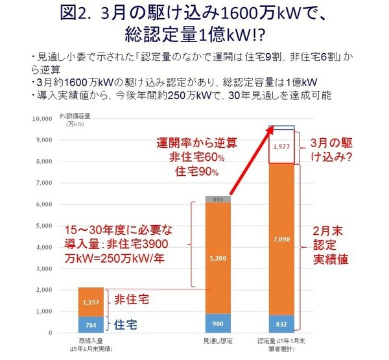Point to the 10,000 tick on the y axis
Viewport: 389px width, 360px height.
(x=41, y=119)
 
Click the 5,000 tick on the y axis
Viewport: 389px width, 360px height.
(x=43, y=226)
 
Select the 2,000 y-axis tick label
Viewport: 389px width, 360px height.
(x=43, y=290)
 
